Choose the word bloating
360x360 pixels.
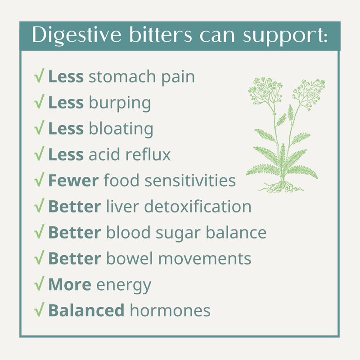point(121,129)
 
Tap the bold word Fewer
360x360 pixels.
point(73,181)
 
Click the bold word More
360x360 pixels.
point(70,285)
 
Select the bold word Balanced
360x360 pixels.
point(86,310)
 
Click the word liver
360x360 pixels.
point(121,207)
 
